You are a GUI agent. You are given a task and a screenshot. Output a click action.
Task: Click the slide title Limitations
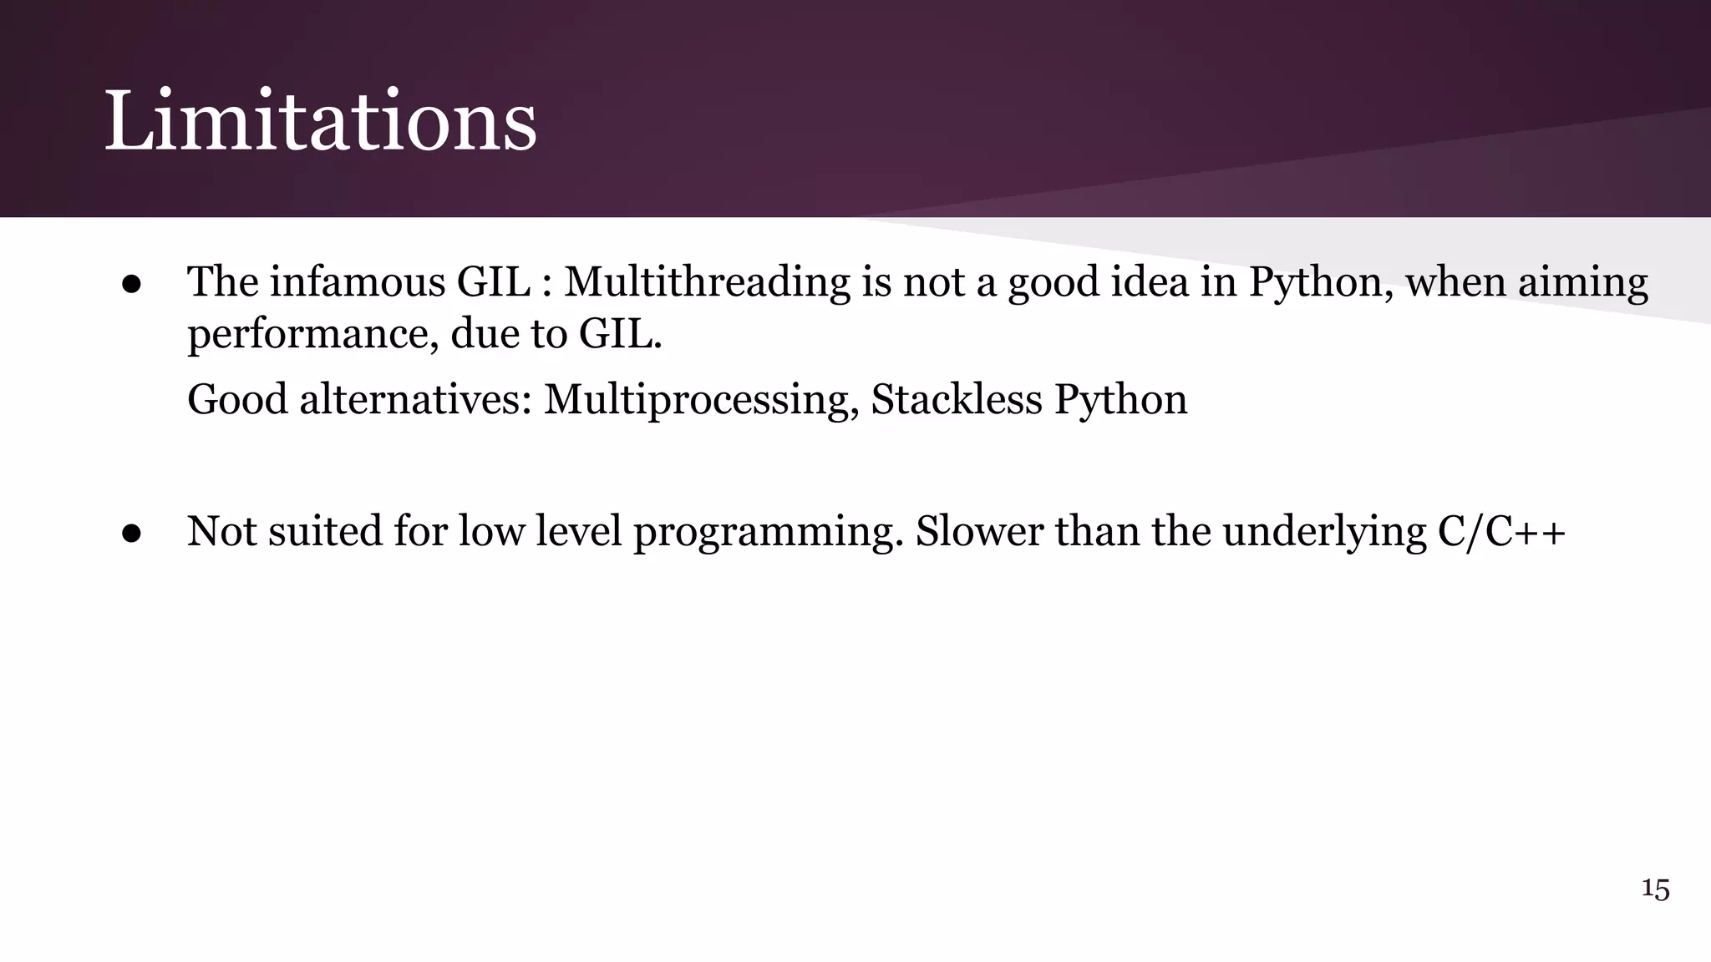[x=320, y=122]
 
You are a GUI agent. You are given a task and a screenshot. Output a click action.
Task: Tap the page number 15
[x=1655, y=889]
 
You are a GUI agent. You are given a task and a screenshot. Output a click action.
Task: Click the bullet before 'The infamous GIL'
[x=131, y=284]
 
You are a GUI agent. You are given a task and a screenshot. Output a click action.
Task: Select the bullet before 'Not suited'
[x=131, y=533]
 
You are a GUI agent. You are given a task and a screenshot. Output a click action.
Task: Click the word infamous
[x=357, y=281]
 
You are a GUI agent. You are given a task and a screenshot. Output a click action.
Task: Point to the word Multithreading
[x=707, y=281]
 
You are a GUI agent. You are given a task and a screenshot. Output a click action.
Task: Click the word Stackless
[x=956, y=399]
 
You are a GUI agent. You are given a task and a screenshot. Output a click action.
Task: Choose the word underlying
[x=1324, y=533]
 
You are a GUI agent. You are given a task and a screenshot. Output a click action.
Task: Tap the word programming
[x=769, y=533]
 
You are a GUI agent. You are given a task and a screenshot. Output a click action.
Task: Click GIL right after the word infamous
[x=493, y=281]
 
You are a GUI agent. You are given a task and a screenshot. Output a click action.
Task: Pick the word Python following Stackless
[x=1120, y=399]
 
